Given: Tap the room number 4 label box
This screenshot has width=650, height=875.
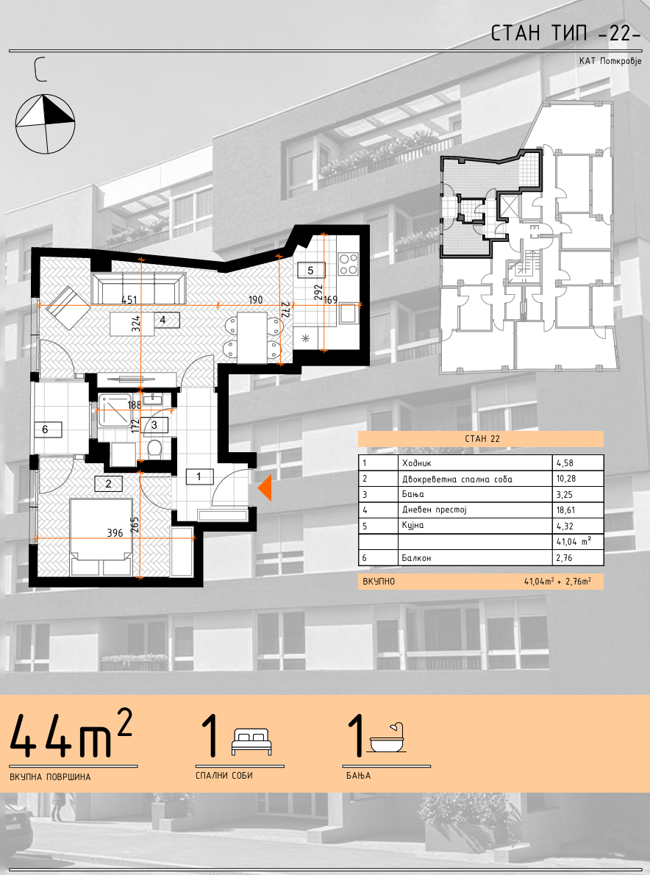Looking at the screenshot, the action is click(x=163, y=320).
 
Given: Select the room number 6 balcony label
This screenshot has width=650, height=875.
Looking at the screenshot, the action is click(x=45, y=429).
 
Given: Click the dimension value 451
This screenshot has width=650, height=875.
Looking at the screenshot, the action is click(x=129, y=300).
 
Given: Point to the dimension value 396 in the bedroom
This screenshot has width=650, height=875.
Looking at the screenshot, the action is click(x=115, y=533).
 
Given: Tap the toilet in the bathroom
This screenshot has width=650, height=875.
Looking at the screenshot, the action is click(x=155, y=448).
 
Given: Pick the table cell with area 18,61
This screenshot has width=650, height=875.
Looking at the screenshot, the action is click(x=577, y=510).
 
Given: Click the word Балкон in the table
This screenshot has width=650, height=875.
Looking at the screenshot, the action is click(x=416, y=557).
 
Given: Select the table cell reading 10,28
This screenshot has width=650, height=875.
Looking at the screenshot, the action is click(x=577, y=479).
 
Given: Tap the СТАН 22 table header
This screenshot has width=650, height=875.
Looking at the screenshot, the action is click(x=481, y=439).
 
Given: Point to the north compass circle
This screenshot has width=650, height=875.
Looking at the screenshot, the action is click(x=45, y=124).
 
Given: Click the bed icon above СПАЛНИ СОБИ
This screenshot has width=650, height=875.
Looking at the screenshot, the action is click(x=252, y=742).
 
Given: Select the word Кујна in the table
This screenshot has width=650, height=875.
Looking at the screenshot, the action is click(x=413, y=526).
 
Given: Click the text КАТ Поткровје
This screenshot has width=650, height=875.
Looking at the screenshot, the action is click(x=610, y=61).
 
